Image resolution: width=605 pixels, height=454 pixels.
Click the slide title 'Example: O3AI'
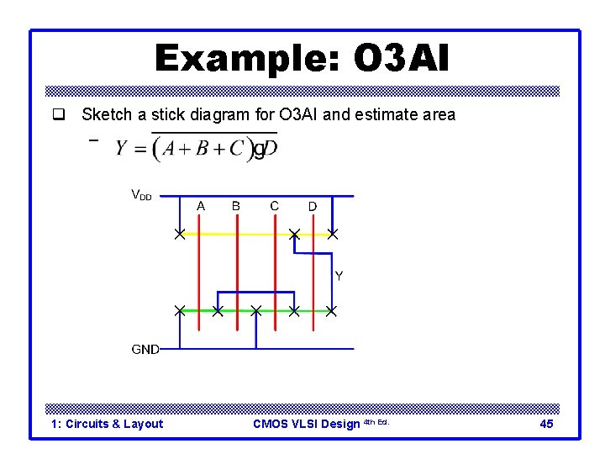tap(302, 59)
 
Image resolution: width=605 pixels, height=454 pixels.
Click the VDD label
tap(141, 195)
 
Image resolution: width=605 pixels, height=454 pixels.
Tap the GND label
tap(145, 349)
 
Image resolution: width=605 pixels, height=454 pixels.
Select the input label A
tap(200, 206)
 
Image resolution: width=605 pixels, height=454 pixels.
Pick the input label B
tap(236, 206)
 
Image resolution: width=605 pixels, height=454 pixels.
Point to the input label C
tap(275, 206)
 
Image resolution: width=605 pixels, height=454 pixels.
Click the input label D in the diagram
tap(312, 207)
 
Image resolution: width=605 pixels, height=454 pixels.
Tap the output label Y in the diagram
tap(339, 276)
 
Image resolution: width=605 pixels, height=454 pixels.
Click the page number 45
tap(546, 424)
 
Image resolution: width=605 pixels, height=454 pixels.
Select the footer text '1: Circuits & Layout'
tap(107, 424)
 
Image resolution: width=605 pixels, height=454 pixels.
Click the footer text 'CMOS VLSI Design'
tap(306, 424)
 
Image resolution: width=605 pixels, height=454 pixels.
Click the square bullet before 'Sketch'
tap(59, 114)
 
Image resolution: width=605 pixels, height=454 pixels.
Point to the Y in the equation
tap(122, 149)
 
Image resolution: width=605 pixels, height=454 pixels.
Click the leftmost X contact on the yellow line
tap(180, 234)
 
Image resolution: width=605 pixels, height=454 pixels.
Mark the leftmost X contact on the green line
tap(180, 311)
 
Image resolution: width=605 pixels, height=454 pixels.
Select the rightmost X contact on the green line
tap(332, 311)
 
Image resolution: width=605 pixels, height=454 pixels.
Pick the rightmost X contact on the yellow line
tap(333, 234)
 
